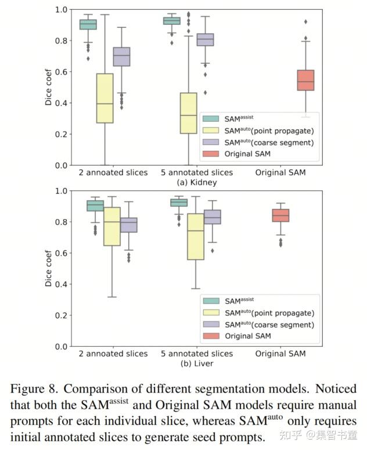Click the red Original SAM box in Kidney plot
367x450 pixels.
[x=305, y=80]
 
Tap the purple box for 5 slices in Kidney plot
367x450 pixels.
[x=204, y=39]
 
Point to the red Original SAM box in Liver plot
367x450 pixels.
[x=280, y=215]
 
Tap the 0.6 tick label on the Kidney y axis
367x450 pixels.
[x=60, y=72]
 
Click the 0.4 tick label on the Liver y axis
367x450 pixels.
[x=60, y=284]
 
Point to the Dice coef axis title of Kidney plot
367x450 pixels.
[x=49, y=88]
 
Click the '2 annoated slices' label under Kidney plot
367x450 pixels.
[x=113, y=172]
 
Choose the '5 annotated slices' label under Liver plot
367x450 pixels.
[x=196, y=353]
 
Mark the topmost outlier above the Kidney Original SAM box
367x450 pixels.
[x=305, y=22]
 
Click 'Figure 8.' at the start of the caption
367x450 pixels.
[x=31, y=389]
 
